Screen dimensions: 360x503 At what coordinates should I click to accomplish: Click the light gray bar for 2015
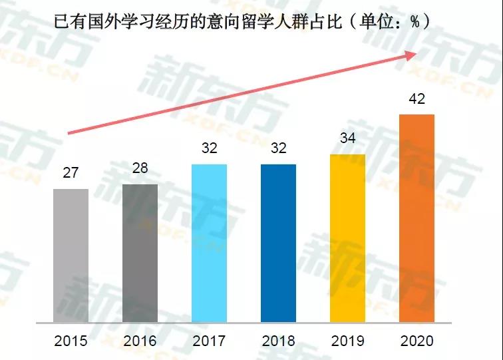click(71, 255)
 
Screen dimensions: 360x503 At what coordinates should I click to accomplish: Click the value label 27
click(71, 173)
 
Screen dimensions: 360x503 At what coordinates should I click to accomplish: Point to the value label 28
click(140, 168)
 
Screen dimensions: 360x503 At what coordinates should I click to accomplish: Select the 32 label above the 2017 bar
click(209, 148)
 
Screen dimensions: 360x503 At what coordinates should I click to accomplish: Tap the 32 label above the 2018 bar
click(278, 148)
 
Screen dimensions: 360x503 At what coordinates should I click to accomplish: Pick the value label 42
click(417, 99)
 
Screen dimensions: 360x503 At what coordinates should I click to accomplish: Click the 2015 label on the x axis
click(71, 341)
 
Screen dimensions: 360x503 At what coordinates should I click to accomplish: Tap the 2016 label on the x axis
click(140, 341)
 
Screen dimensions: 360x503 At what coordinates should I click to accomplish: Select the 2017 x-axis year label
click(209, 341)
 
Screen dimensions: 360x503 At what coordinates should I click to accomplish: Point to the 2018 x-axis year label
click(278, 341)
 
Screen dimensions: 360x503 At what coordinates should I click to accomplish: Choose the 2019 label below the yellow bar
click(347, 341)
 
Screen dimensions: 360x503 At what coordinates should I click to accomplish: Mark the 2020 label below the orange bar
click(417, 341)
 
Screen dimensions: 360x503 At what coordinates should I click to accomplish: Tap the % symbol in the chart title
click(414, 22)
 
